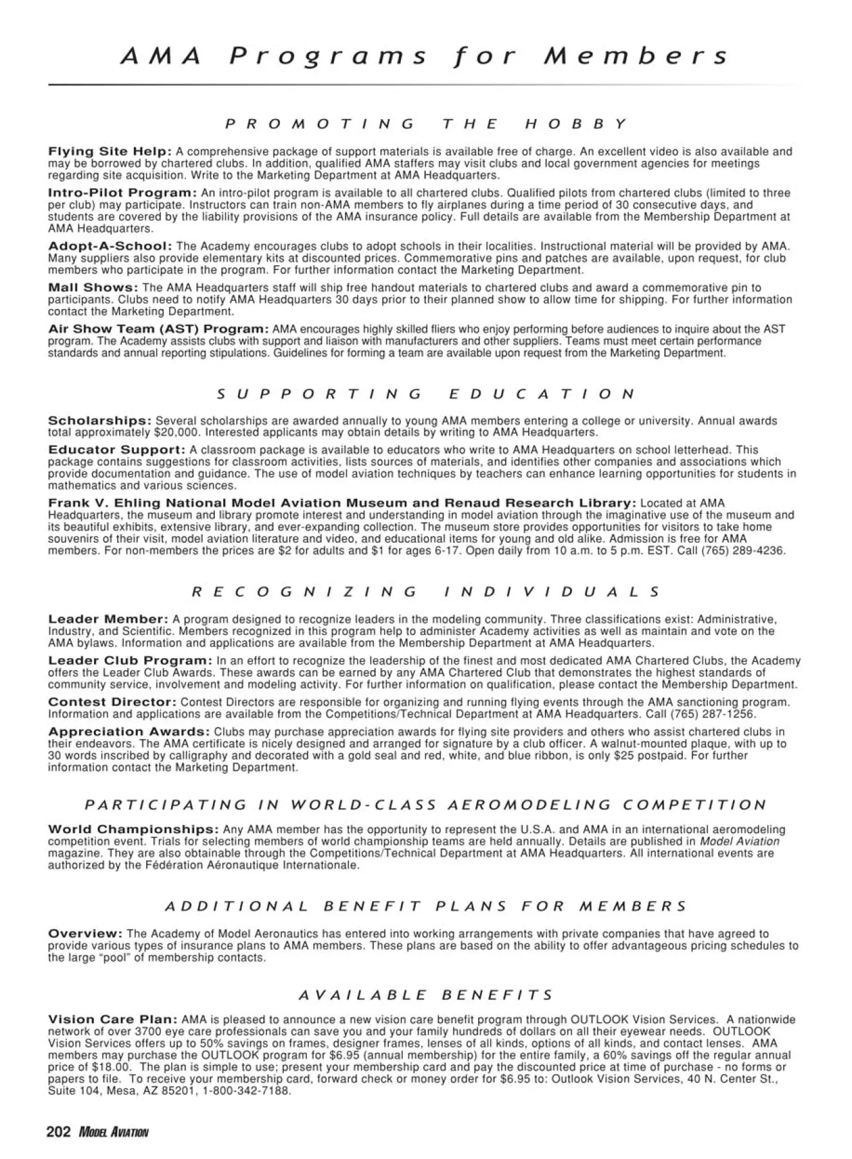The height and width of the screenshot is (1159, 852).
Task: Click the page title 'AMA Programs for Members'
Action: (425, 57)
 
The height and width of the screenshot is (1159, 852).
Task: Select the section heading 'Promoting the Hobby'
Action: (425, 124)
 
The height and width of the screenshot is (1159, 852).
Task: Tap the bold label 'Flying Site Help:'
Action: (110, 152)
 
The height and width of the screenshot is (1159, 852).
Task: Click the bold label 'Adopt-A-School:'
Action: (110, 246)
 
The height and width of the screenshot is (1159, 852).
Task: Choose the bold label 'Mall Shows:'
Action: (93, 288)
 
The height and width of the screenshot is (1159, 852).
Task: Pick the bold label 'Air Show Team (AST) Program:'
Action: (158, 329)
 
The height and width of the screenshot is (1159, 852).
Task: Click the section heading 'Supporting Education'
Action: (425, 393)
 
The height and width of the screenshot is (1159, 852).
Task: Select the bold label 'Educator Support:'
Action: (116, 450)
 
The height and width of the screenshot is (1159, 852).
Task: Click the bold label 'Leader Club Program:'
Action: (130, 661)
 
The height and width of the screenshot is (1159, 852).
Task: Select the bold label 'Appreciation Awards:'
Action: (129, 732)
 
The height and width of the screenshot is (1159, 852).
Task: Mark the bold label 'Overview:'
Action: (86, 934)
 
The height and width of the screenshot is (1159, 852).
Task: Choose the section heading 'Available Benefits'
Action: (425, 995)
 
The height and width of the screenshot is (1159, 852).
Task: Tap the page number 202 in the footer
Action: (59, 1132)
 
